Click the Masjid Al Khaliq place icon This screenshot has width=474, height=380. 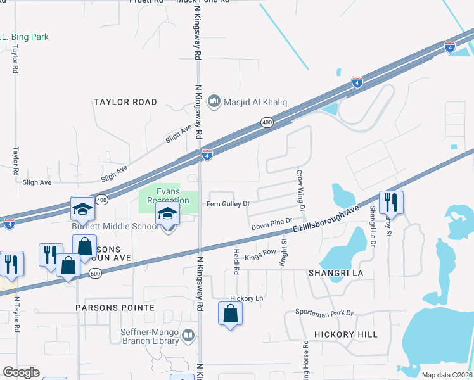click(214, 101)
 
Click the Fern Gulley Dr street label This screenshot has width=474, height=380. click(229, 204)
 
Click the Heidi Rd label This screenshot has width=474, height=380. click(236, 261)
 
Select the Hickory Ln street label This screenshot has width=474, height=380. click(247, 298)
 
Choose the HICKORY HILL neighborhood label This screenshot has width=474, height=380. click(345, 334)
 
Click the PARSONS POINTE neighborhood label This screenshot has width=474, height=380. click(115, 307)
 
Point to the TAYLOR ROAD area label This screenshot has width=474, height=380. click(125, 102)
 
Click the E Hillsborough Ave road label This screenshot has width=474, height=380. click(329, 221)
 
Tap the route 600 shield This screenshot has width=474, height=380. click(95, 273)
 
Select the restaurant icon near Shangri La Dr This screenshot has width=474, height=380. click(391, 202)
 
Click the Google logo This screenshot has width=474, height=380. click(21, 372)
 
